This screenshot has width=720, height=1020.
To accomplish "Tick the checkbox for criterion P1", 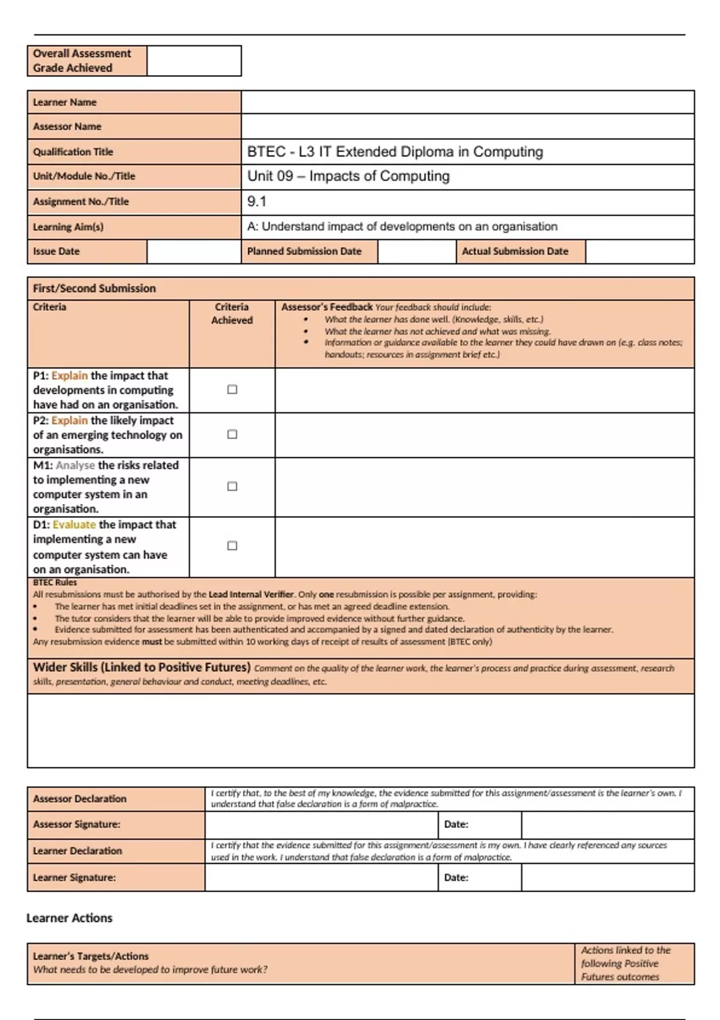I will coord(232,389).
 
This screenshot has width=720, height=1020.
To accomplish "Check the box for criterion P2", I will coord(232,434).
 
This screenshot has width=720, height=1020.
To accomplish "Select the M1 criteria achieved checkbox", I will coord(232,487).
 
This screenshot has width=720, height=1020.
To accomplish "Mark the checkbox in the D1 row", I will coord(232,545).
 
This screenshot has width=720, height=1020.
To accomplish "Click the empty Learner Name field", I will coord(467,102).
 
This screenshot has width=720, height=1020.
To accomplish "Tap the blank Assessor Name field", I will coord(467,127).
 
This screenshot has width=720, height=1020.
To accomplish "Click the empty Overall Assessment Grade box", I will coord(194,61).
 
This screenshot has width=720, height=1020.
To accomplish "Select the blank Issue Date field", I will coord(193,251).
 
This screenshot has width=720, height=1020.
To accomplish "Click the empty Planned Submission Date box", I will coord(416,251).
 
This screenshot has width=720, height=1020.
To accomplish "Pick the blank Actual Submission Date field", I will coord(639,251).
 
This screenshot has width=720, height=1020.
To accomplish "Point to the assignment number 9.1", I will coord(257,202).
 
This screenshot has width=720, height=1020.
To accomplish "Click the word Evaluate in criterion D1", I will coord(74,524).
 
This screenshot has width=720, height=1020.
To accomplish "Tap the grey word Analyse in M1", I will coord(75,465).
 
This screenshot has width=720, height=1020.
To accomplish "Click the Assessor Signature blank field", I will coord(321,824).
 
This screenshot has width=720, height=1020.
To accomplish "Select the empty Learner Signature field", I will coord(321,877).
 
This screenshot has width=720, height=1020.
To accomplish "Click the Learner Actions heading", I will coord(70,918).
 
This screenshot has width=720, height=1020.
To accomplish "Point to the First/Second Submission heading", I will coord(94,289).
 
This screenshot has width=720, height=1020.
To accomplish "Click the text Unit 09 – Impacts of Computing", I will coord(349,176).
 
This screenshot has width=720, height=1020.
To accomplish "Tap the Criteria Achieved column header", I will coord(232,313).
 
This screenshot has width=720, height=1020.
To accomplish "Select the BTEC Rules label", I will coord(55,583).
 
